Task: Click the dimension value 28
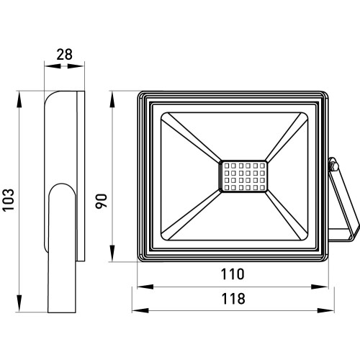coord(64,55)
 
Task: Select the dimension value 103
coord(9,200)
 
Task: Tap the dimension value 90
coord(101,201)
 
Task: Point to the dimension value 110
coord(233,274)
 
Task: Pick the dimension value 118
coord(233,299)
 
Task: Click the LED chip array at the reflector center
coord(243,176)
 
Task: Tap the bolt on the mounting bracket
coord(333,166)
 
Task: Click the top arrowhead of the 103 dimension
coord(19,99)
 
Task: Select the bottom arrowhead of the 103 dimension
coord(19,303)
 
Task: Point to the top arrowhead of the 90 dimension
coord(112,99)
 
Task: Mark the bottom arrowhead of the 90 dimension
coord(112,253)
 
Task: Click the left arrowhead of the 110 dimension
coord(145,287)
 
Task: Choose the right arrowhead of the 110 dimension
coord(320,287)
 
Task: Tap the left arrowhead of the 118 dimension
coord(140,310)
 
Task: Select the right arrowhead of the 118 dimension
coord(325,310)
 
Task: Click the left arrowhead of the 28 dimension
coord(53,66)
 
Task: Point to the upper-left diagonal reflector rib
coord(192,138)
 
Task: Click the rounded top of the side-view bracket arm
coord(62,184)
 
